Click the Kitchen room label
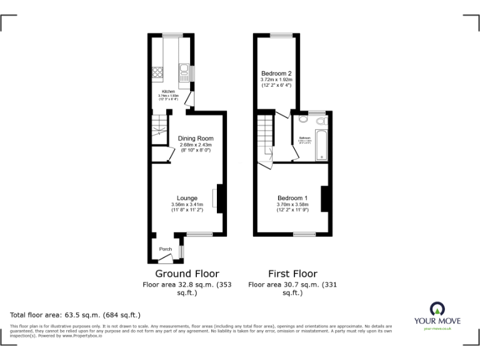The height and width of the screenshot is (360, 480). (169, 91)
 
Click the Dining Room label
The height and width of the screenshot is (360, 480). (196, 138)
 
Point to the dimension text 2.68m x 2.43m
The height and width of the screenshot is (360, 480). (196, 144)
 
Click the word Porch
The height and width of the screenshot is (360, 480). (166, 249)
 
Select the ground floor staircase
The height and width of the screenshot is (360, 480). (159, 127)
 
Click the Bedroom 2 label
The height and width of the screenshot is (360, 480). (277, 73)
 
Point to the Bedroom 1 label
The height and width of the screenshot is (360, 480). (293, 197)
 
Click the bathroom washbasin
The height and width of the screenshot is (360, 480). (302, 119)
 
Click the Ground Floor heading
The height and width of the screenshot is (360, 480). (187, 274)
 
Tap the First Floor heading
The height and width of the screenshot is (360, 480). (292, 274)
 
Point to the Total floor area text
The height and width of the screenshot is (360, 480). (76, 314)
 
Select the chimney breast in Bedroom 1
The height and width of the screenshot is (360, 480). (324, 198)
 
